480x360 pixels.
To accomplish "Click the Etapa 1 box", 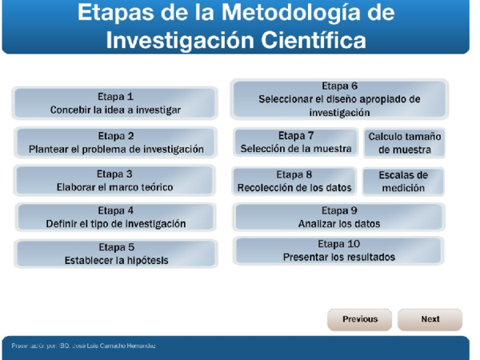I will (115, 103).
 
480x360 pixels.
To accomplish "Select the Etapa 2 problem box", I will (115, 142).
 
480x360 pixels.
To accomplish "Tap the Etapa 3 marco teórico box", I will (115, 181).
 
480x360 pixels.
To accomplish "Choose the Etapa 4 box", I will (115, 218).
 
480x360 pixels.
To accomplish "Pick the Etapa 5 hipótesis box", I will (115, 254).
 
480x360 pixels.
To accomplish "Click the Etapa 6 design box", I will (339, 99).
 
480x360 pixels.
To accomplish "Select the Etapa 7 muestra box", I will (295, 142).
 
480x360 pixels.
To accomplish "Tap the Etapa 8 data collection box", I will (294, 182).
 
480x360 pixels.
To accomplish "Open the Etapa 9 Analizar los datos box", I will (338, 218).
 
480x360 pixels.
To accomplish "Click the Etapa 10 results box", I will (338, 251).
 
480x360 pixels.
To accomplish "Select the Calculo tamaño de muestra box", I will (404, 143).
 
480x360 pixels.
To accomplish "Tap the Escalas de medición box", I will (403, 182).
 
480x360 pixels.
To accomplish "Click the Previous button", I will (360, 319).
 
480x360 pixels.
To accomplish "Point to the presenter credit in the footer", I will (83, 346).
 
